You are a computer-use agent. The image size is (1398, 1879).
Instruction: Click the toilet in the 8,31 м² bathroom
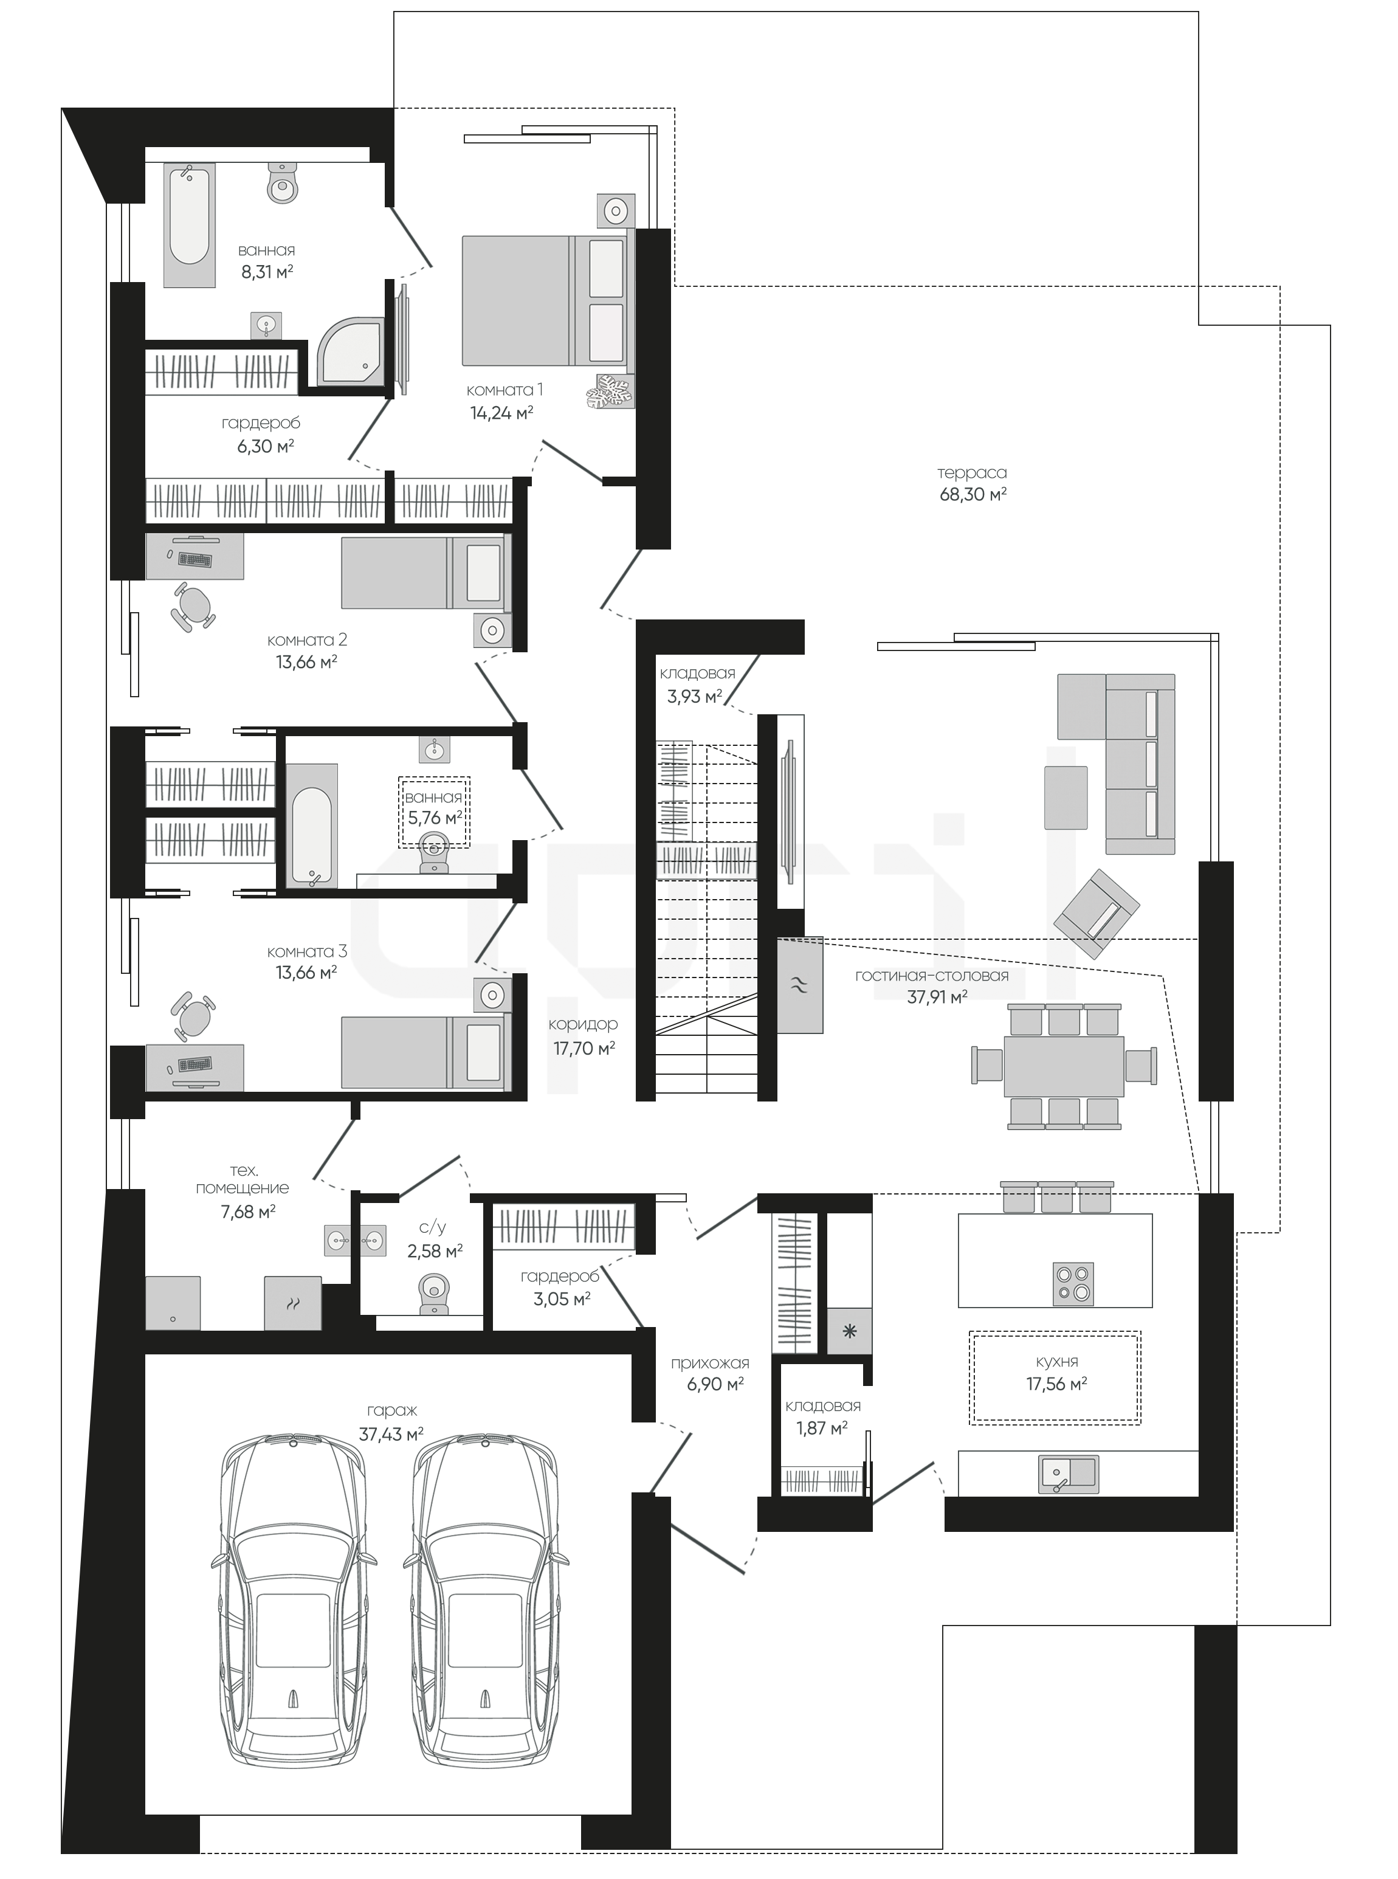point(283,183)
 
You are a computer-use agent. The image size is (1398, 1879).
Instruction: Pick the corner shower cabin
point(350,350)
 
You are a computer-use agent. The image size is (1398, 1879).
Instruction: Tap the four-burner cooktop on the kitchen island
point(1073,1283)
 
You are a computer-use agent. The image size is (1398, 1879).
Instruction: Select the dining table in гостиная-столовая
point(1064,1066)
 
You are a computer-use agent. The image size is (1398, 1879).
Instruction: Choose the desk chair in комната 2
point(195,606)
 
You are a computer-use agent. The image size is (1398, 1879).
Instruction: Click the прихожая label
point(710,1364)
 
